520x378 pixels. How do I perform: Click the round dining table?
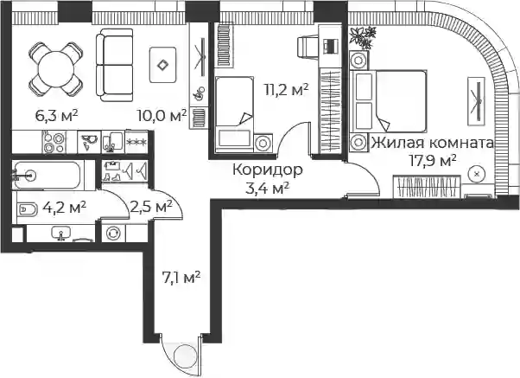(55, 69)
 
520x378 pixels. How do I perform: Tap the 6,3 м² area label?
(56, 116)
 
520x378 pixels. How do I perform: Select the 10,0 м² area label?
(162, 116)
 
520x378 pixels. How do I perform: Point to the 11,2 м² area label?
(286, 89)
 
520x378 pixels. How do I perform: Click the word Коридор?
(267, 170)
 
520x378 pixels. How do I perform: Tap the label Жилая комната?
(432, 144)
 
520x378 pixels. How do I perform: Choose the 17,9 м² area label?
(433, 161)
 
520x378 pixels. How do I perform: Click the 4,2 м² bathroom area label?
(64, 208)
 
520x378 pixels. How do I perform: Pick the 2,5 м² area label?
(151, 207)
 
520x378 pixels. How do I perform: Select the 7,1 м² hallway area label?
(181, 278)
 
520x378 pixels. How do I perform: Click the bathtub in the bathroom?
(47, 175)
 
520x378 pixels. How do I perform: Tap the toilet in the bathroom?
(28, 209)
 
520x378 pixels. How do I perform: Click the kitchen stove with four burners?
(54, 143)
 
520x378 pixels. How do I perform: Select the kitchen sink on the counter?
(113, 142)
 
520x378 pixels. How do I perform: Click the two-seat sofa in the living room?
(115, 65)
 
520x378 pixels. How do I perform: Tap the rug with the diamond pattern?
(162, 65)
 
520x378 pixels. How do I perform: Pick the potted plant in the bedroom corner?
(363, 37)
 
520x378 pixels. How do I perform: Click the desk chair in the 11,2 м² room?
(308, 47)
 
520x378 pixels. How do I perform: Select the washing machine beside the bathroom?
(113, 234)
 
